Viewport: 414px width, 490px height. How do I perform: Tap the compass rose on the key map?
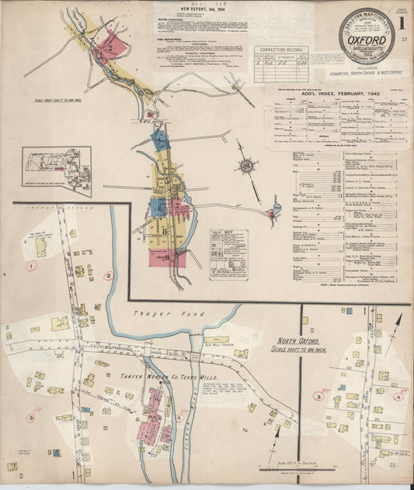[x=247, y=165]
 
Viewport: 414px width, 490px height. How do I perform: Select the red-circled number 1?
[x=32, y=266]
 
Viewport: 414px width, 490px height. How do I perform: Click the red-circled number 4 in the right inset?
[x=398, y=396]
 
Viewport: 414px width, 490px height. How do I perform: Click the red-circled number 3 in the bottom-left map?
[x=30, y=418]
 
